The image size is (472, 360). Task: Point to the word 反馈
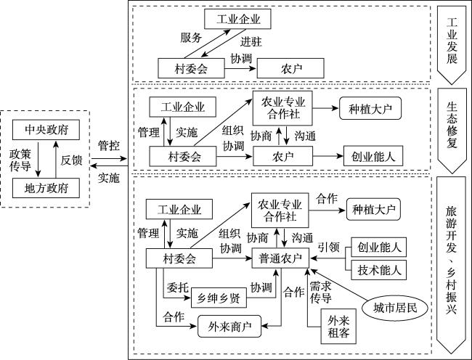point(71,160)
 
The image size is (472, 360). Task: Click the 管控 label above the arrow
point(108,145)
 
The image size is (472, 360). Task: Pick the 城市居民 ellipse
point(391,308)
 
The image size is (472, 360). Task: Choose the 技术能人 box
point(378,270)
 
